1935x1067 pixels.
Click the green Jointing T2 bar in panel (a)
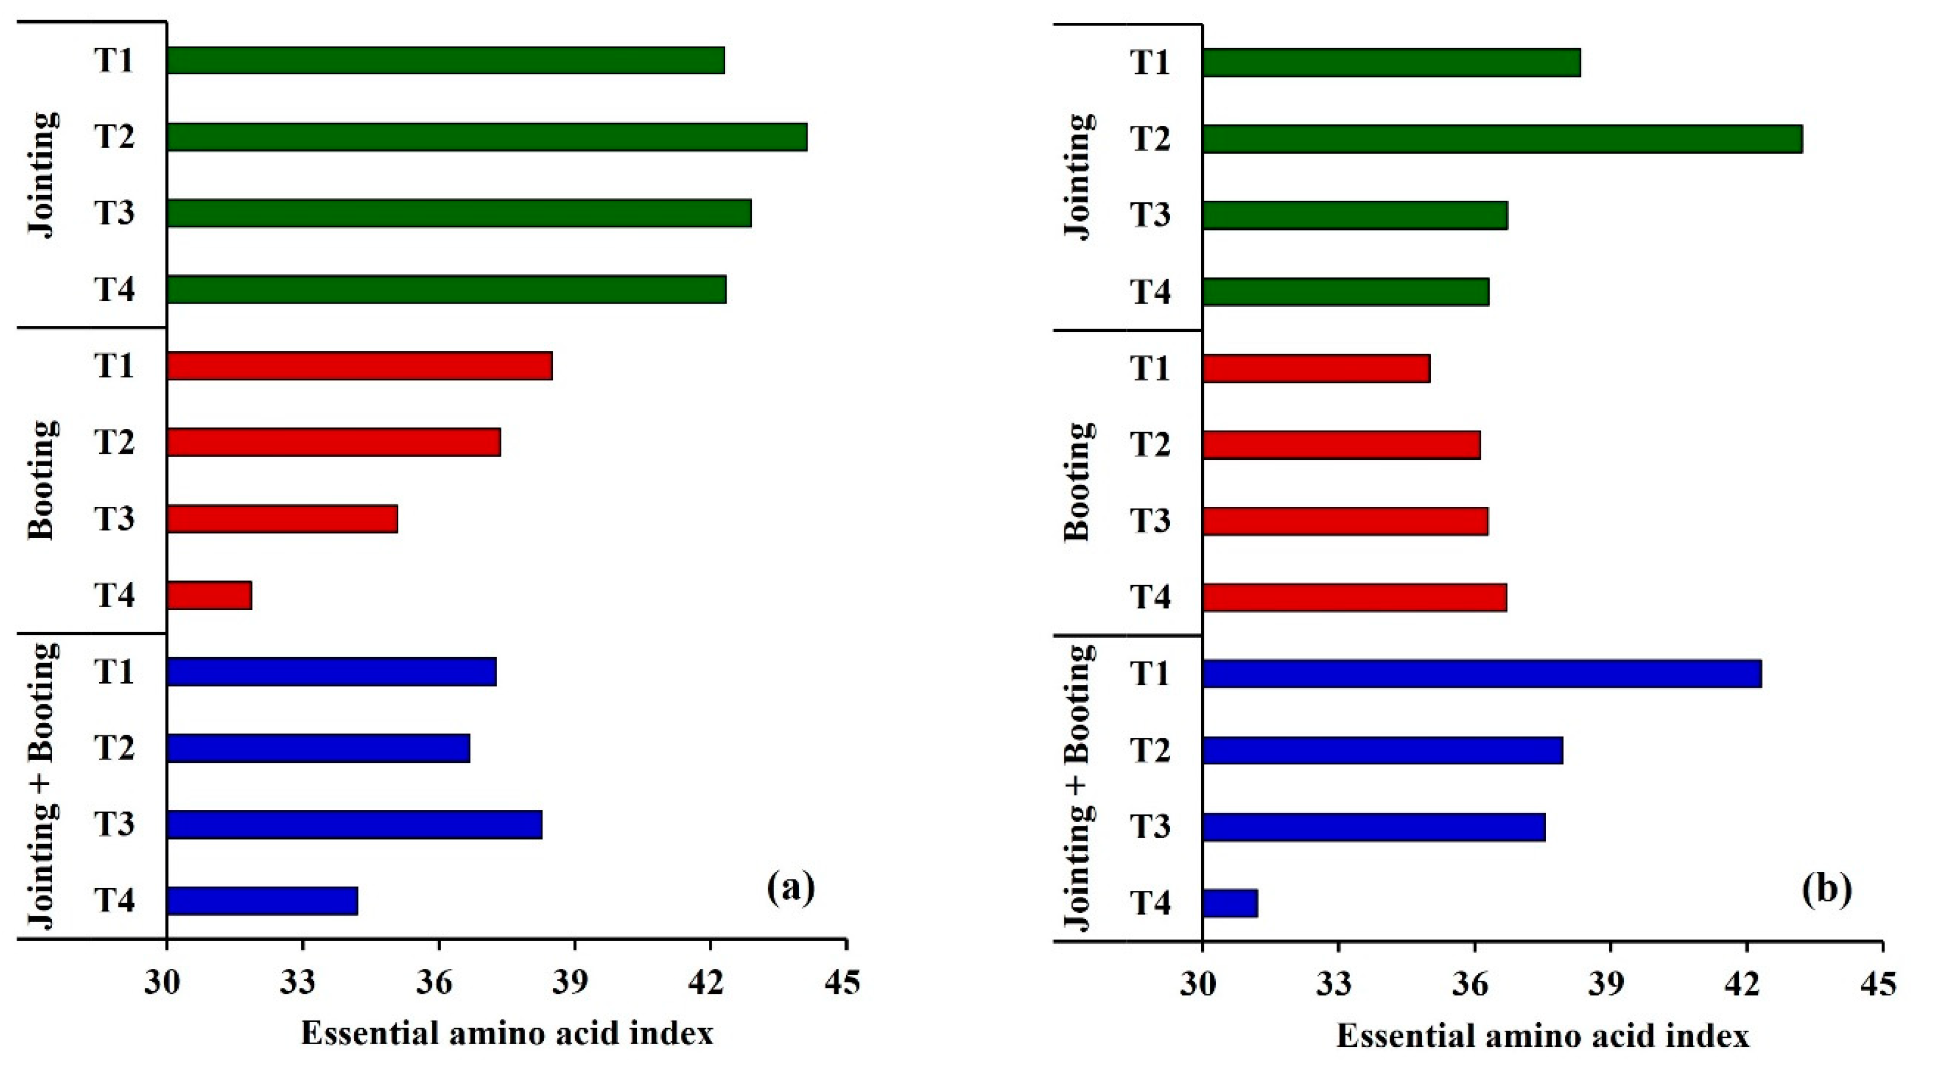[x=487, y=138]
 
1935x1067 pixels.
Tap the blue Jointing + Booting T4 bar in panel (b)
[x=1230, y=903]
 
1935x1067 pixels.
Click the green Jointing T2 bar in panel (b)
[x=1502, y=140]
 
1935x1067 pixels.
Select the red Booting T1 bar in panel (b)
[x=1316, y=369]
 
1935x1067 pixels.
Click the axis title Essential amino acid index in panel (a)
[x=507, y=1034]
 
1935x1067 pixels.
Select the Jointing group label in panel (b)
[x=1079, y=177]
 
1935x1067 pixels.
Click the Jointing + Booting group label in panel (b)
[x=1079, y=787]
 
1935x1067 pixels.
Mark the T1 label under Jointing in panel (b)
[x=1151, y=62]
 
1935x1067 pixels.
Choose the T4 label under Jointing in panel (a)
[x=114, y=290]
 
